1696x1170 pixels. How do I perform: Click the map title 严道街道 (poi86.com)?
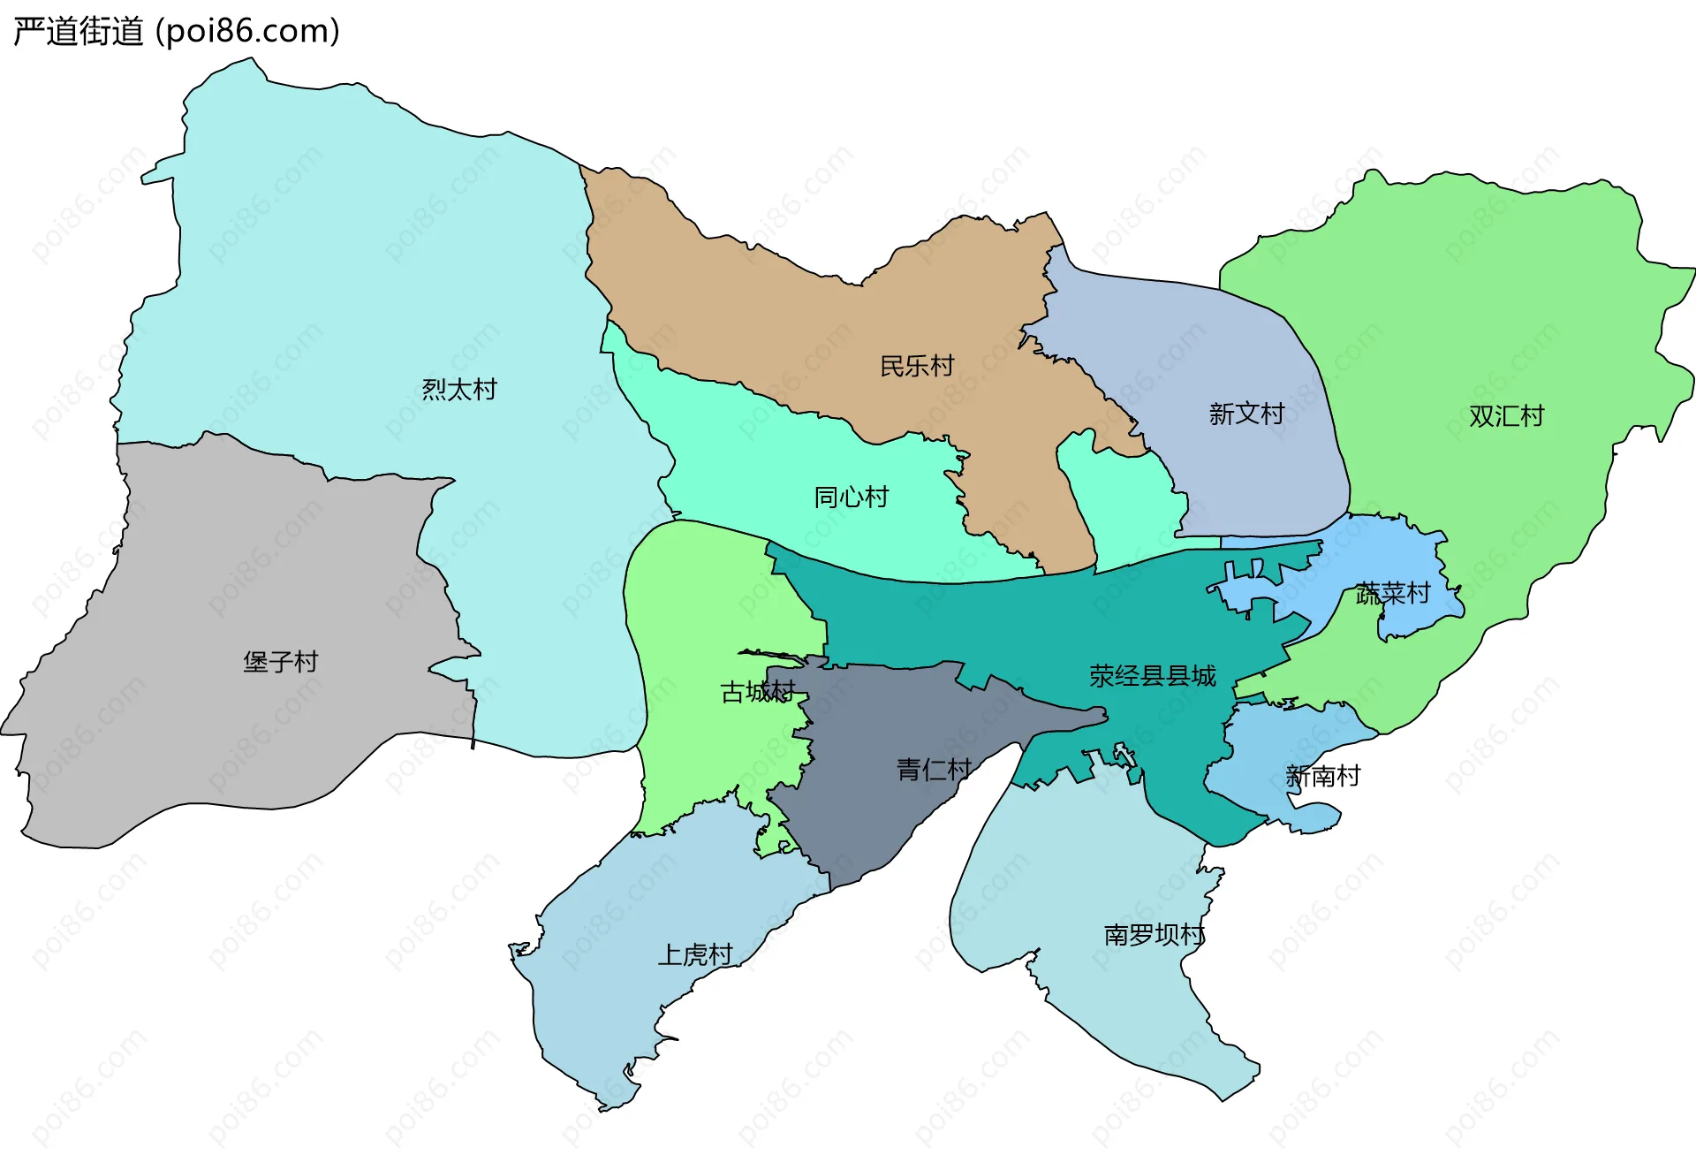[x=177, y=32]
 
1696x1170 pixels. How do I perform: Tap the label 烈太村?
[x=459, y=390]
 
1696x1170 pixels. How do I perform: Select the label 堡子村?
[x=280, y=662]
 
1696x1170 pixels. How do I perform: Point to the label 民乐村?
[x=917, y=366]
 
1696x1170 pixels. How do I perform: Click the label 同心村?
[x=851, y=498]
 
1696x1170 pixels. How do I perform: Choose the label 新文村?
[x=1246, y=414]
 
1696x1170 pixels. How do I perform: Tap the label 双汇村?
[x=1506, y=416]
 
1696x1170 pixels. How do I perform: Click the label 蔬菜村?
[x=1393, y=593]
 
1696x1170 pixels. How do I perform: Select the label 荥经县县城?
[x=1152, y=676]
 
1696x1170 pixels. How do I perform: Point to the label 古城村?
[x=758, y=692]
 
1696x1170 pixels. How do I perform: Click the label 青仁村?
[x=934, y=770]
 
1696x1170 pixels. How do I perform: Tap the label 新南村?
[x=1322, y=777]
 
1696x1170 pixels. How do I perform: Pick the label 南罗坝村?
[x=1154, y=935]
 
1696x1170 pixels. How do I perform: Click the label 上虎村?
[x=695, y=955]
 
